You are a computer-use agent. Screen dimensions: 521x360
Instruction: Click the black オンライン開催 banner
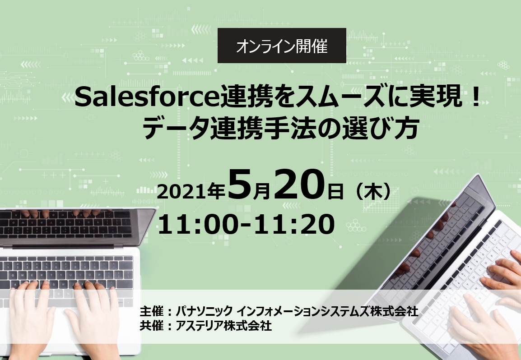click(282, 46)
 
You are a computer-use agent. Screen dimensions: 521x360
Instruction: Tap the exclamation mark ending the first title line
click(476, 97)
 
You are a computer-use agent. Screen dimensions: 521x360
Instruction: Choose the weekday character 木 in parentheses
click(374, 192)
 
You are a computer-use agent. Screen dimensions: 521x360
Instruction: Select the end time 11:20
click(294, 225)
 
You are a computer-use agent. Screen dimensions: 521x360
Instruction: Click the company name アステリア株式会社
click(223, 326)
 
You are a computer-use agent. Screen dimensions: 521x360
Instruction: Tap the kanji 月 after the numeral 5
click(261, 192)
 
